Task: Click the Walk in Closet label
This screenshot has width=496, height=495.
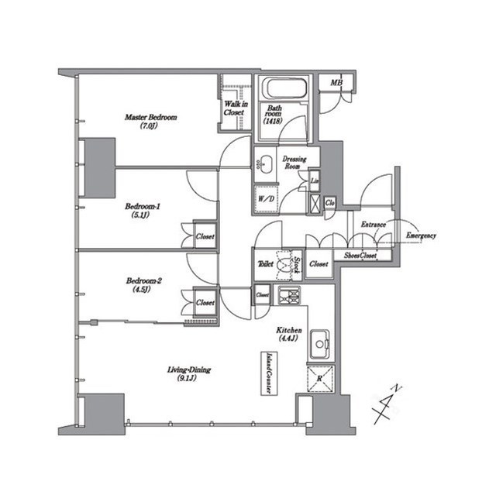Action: point(234,108)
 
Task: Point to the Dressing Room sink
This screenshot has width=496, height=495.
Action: point(264,163)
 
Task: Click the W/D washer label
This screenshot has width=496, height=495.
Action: point(265,200)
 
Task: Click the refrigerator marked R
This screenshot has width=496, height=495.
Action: point(319,379)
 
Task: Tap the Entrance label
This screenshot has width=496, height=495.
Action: point(374,225)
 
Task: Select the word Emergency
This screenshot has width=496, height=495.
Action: point(421,235)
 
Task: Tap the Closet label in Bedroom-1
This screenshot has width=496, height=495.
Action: point(205,236)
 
